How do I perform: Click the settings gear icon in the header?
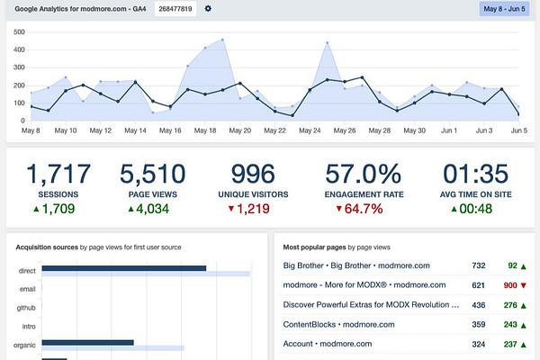coord(208,8)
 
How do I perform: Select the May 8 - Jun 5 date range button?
coord(504,9)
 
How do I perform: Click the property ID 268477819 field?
coord(175,9)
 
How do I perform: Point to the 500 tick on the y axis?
coord(19,32)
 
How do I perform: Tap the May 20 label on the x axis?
coord(240,130)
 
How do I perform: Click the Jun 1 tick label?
coord(449,130)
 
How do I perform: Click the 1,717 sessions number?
coord(58,174)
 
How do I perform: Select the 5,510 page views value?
coord(153,174)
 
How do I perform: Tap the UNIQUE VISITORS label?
coord(253,194)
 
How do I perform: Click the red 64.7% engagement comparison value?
coord(364,209)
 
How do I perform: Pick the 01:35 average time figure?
coord(475,174)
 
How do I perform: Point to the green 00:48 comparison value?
coord(475,209)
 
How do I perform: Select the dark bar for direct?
coord(124,268)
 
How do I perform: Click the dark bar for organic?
coord(88,342)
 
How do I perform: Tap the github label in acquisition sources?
coord(26,308)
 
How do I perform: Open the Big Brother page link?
coord(356,265)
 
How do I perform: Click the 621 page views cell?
coord(479,285)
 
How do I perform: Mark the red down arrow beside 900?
coord(524,285)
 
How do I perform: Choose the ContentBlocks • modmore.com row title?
coord(339,325)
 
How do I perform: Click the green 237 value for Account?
coord(510,344)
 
